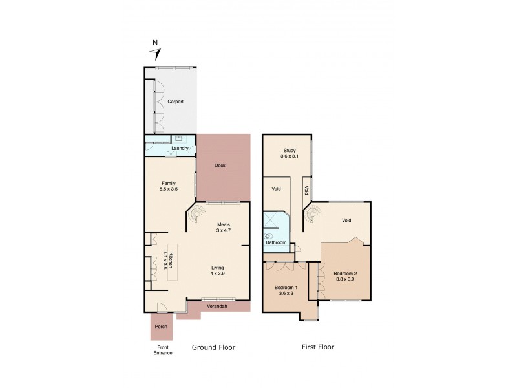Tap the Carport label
[x=175, y=102]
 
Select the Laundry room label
[x=180, y=149]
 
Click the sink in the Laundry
[x=179, y=138]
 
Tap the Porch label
[x=161, y=327]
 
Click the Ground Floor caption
[x=213, y=347]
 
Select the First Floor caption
[x=317, y=347]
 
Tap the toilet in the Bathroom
[x=269, y=236]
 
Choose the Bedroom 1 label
[x=285, y=286]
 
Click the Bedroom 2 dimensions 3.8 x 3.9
[x=345, y=279]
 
